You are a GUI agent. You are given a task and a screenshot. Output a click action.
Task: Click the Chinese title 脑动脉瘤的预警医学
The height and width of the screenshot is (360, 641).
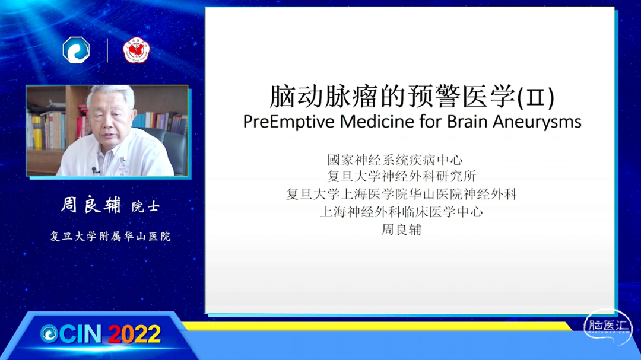(x=392, y=97)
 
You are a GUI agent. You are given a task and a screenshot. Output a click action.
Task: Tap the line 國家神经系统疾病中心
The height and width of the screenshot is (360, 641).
(x=395, y=160)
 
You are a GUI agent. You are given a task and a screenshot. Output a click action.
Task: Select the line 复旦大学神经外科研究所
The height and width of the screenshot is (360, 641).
(x=401, y=176)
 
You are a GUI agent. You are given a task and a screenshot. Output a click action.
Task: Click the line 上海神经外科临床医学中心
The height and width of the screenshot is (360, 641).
(x=401, y=212)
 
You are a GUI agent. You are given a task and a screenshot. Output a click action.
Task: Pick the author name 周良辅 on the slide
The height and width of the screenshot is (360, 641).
(x=401, y=230)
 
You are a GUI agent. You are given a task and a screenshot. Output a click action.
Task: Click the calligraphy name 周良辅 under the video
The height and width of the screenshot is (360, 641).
(x=91, y=205)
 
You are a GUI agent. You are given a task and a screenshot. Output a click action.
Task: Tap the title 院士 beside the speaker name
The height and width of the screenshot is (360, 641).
(x=145, y=206)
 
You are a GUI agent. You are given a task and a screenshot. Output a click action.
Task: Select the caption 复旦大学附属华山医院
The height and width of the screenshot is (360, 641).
(x=110, y=237)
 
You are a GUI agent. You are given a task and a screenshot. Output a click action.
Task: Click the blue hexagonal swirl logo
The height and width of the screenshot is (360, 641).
(x=77, y=50)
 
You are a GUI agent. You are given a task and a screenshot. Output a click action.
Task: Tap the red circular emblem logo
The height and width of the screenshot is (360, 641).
(x=137, y=50)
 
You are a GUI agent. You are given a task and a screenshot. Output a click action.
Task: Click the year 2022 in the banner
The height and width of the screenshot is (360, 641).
(x=135, y=334)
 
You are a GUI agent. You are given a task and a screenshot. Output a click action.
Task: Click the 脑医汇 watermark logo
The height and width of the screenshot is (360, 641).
(x=608, y=327)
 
